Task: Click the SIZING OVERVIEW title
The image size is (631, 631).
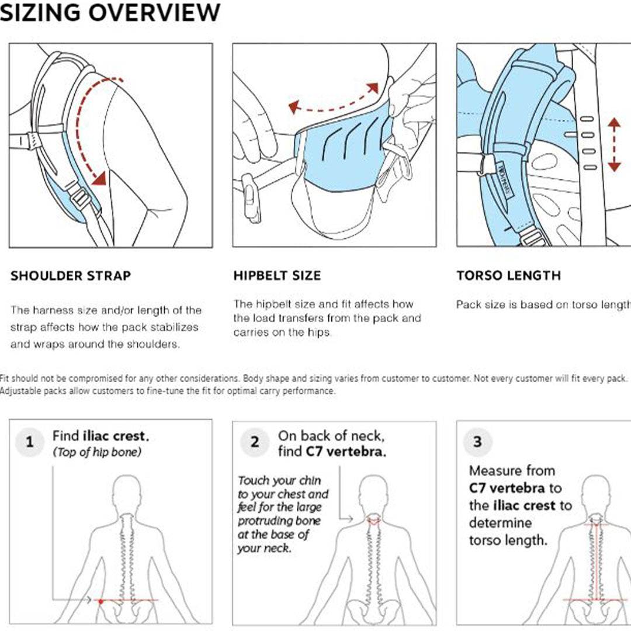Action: tap(110, 13)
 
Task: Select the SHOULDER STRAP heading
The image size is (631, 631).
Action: tap(71, 276)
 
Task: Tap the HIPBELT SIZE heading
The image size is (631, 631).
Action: tap(277, 276)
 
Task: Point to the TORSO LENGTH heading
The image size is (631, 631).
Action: tap(508, 275)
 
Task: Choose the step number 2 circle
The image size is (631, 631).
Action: tap(255, 442)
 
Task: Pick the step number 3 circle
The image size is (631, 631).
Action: tap(477, 442)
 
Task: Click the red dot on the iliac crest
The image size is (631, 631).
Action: tap(101, 601)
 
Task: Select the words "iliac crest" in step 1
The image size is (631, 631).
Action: tap(116, 436)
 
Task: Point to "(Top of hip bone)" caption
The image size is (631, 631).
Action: tap(96, 452)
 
